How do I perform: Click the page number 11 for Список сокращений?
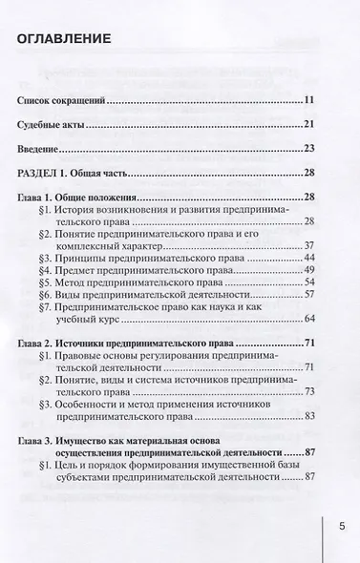click(x=309, y=99)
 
